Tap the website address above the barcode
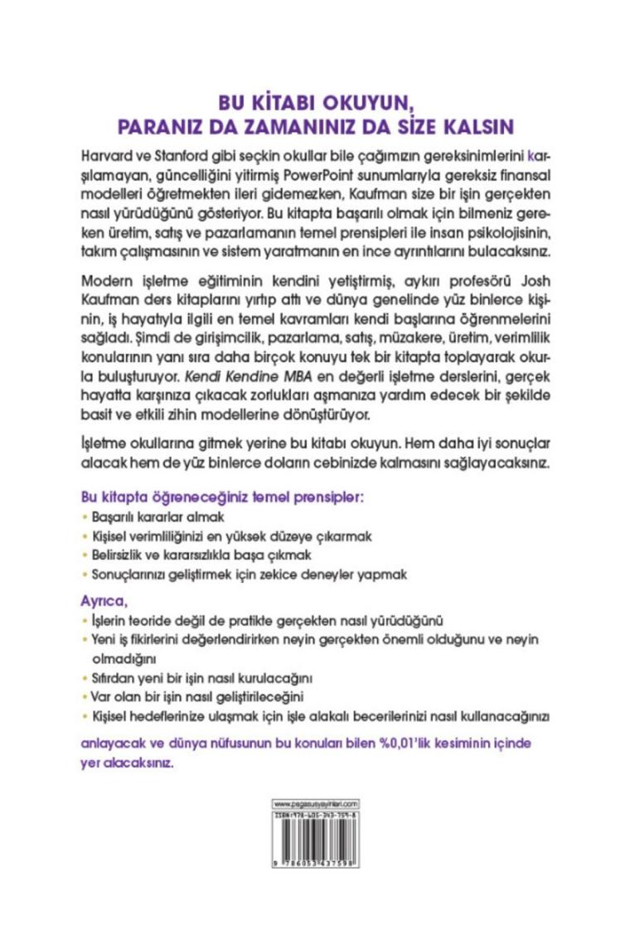pyautogui.click(x=315, y=804)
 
